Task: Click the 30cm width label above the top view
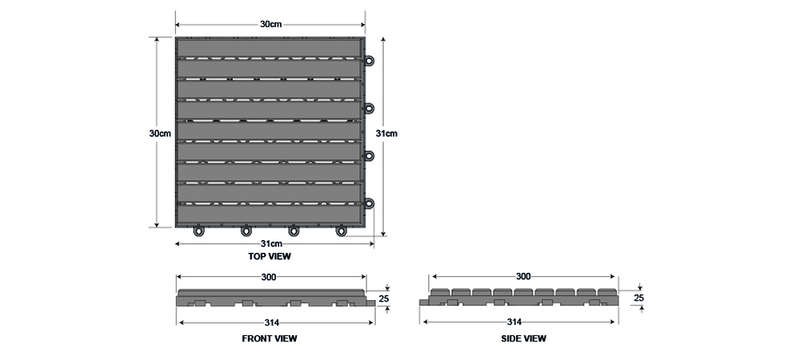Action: pos(270,24)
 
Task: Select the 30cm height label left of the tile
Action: pos(160,134)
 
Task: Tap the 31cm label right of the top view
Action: pos(386,134)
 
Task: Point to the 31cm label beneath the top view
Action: pos(271,244)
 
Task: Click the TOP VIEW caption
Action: pos(270,257)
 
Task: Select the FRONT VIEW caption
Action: pos(270,338)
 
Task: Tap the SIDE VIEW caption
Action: pos(523,338)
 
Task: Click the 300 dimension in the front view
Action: pos(269,277)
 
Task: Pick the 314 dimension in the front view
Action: pos(272,322)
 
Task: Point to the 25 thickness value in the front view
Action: pos(384,298)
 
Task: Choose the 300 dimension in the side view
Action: pos(523,276)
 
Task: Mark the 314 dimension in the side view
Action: pos(514,322)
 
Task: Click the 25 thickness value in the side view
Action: pos(639,298)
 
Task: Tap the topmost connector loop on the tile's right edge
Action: pos(370,61)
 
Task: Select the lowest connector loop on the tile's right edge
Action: pos(370,203)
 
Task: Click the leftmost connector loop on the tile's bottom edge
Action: pos(199,231)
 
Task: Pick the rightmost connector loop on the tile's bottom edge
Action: pos(342,231)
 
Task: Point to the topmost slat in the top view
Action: pos(270,49)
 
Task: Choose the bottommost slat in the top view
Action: pos(270,214)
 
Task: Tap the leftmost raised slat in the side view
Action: pos(439,292)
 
